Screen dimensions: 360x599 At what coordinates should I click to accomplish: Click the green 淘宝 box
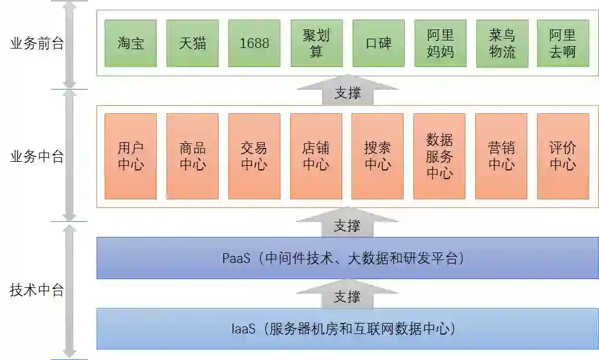tap(131, 43)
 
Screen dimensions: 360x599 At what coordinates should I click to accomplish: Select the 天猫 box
tap(193, 43)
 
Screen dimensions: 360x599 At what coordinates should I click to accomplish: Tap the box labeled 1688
tap(254, 43)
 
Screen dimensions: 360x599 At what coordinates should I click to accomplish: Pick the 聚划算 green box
tap(316, 43)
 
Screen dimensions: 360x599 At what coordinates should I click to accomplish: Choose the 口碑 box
tap(378, 43)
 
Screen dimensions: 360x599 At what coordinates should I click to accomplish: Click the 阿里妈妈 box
tap(441, 43)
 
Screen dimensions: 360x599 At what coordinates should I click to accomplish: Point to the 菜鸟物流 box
tap(502, 43)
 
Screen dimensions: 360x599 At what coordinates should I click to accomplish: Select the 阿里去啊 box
tap(563, 43)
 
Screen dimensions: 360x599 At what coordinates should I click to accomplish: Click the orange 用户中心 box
tap(131, 156)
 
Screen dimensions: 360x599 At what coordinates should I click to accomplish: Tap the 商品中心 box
tap(193, 156)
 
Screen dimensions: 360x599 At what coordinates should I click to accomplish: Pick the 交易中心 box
tap(254, 156)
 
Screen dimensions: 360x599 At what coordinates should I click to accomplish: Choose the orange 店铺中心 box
tap(316, 156)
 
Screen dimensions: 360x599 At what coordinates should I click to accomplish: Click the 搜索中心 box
tap(378, 156)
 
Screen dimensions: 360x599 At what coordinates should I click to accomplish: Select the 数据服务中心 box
tap(439, 156)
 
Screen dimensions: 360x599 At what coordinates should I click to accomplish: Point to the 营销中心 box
tap(501, 156)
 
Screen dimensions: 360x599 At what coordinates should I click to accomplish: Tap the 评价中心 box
tap(563, 156)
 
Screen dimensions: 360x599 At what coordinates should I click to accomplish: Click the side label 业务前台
tap(37, 44)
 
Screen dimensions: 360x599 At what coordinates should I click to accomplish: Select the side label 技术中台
tap(37, 290)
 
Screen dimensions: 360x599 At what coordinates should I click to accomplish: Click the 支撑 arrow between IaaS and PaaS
tap(347, 295)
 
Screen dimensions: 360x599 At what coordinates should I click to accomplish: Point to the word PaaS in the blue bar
tap(236, 258)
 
